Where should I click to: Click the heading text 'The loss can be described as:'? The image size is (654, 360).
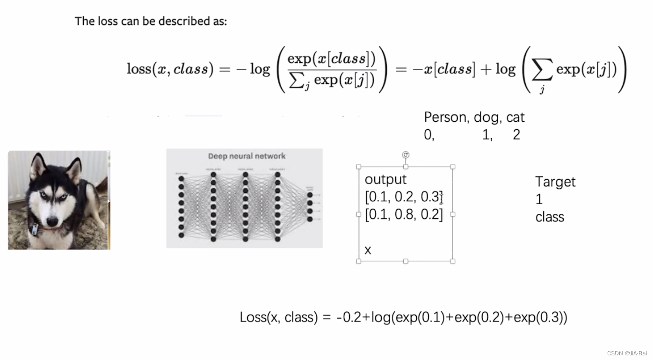151,21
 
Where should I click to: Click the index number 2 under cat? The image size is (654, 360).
516,135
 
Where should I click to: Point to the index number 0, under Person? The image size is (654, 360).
429,135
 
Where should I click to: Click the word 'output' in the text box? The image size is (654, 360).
385,179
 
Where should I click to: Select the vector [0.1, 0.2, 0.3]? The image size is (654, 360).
403,197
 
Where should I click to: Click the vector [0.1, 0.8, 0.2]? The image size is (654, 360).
403,214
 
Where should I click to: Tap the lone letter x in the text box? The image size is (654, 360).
368,250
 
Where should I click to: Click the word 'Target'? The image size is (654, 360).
555,182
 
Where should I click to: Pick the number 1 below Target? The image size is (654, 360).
539,199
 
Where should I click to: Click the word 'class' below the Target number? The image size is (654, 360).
550,217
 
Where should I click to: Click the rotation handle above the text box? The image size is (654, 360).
406,155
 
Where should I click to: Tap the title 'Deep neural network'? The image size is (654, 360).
247,156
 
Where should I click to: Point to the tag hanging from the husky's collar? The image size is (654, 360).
35,229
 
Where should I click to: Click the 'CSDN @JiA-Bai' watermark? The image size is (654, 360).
627,353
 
